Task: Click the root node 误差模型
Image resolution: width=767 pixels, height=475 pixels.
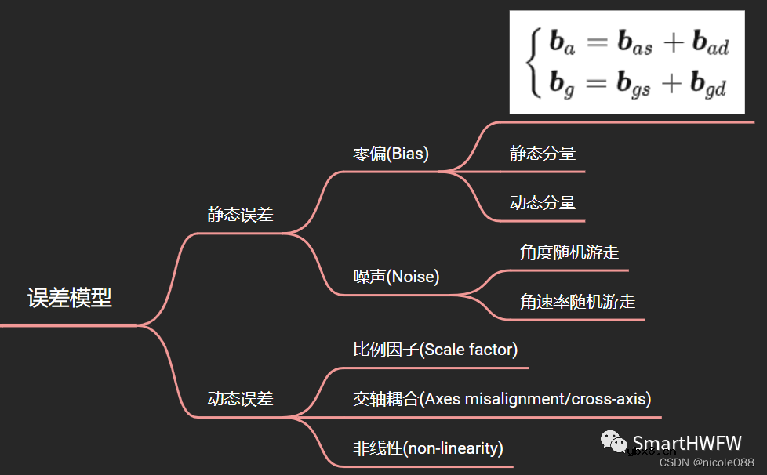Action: pyautogui.click(x=70, y=298)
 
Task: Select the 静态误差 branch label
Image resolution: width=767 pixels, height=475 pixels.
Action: pyautogui.click(x=240, y=215)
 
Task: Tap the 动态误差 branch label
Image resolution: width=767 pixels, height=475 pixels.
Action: pyautogui.click(x=240, y=398)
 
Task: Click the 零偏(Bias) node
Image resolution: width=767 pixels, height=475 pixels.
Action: pyautogui.click(x=391, y=154)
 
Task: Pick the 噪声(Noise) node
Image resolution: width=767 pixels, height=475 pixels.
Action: pyautogui.click(x=396, y=277)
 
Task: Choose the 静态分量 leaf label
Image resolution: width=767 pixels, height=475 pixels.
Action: pyautogui.click(x=543, y=154)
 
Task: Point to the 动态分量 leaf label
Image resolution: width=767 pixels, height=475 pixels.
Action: pyautogui.click(x=543, y=202)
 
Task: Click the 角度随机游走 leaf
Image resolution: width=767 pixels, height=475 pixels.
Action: pyautogui.click(x=569, y=252)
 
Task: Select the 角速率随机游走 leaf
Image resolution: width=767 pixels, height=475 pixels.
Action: pyautogui.click(x=577, y=301)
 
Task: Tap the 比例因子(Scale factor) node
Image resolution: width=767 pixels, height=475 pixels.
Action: pyautogui.click(x=435, y=350)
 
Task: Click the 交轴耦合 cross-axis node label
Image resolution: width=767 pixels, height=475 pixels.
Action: pyautogui.click(x=502, y=399)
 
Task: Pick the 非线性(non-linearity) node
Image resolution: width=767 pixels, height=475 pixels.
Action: pyautogui.click(x=427, y=448)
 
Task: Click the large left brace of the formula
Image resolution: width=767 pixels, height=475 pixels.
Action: pyautogui.click(x=533, y=63)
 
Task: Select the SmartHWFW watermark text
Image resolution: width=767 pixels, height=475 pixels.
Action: pyautogui.click(x=686, y=443)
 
